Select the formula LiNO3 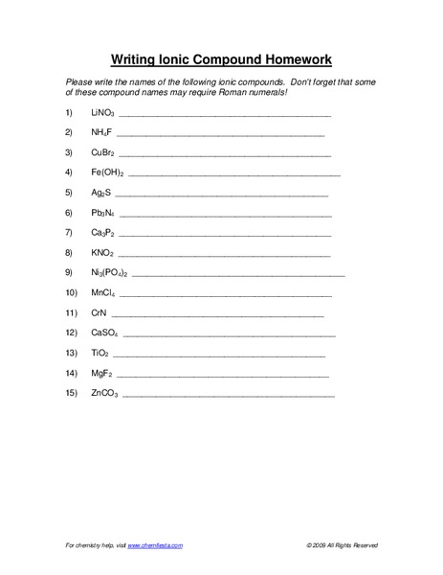[103, 113]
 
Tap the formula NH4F [102, 133]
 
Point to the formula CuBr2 [103, 153]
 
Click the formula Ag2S [102, 193]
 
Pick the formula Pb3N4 [103, 213]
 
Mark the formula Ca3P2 [103, 233]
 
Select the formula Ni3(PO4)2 [110, 273]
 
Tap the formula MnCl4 [103, 292]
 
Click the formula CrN [98, 312]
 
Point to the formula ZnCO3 [104, 393]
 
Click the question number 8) [68, 253]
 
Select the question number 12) [70, 333]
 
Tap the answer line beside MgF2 [222, 375]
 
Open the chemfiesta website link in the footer [154, 544]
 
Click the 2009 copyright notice [343, 544]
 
